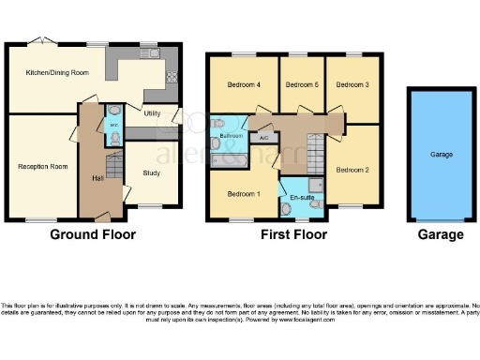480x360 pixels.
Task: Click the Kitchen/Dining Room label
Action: coord(57,72)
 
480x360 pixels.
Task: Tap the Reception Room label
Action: coord(43,166)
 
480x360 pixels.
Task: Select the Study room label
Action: coord(152,172)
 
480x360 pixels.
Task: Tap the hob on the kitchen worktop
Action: coord(172,78)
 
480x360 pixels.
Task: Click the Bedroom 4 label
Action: coord(242,84)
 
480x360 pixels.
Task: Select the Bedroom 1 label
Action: coord(242,193)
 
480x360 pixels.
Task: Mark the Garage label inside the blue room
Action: coord(442,154)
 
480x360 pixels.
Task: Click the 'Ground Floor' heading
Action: coord(92,234)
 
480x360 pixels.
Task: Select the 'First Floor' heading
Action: coord(293,234)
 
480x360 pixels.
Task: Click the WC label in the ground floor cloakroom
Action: coord(112,124)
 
